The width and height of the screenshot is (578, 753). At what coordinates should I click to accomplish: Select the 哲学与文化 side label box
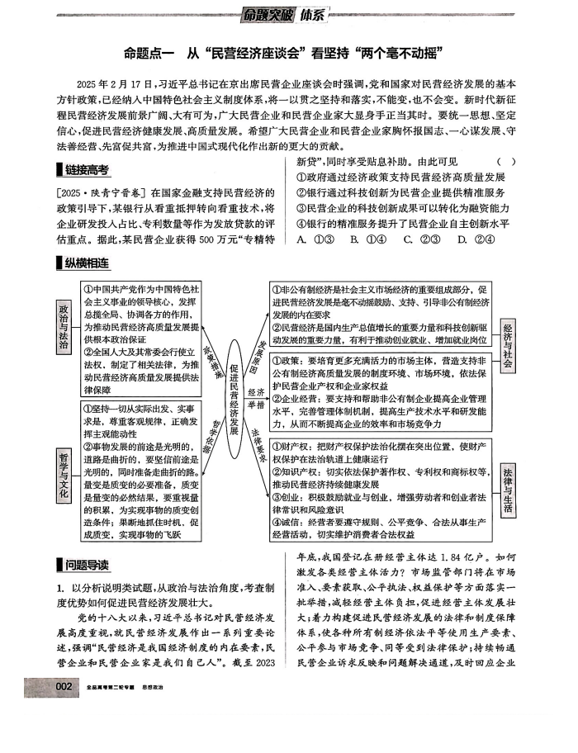tap(64, 474)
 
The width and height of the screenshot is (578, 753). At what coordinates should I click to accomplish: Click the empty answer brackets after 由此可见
tap(507, 162)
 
